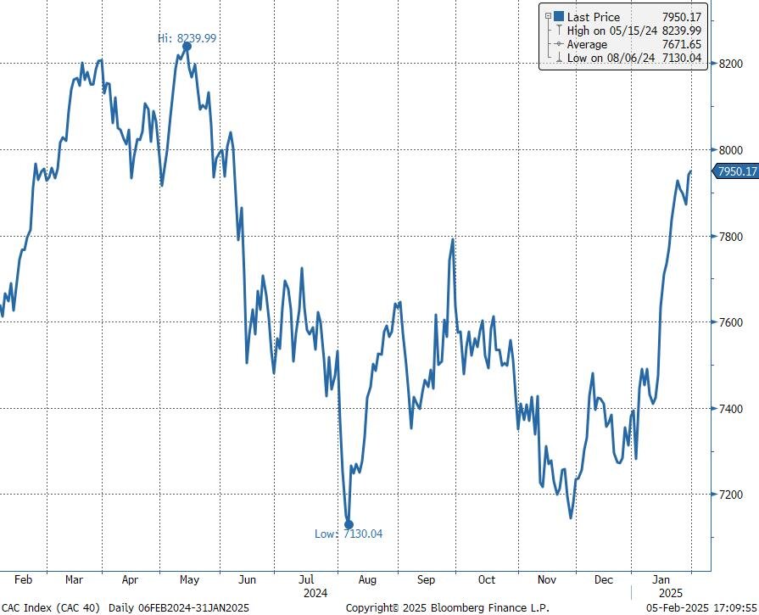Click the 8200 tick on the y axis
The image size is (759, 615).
click(x=732, y=64)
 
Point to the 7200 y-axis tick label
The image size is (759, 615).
click(x=732, y=495)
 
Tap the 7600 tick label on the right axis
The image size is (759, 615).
click(x=732, y=322)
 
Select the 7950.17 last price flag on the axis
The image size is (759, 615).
click(x=735, y=171)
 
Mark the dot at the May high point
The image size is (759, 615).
click(x=187, y=47)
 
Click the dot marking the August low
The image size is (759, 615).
click(x=349, y=525)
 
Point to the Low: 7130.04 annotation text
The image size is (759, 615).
click(x=349, y=534)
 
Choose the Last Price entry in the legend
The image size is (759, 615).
click(x=594, y=17)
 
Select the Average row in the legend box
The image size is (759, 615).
click(x=587, y=44)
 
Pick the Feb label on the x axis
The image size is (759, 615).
click(x=24, y=580)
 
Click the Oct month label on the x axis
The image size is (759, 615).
click(x=486, y=580)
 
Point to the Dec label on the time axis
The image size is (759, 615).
click(x=604, y=580)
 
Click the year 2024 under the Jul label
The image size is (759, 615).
click(x=315, y=592)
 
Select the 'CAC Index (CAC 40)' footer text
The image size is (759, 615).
click(x=51, y=607)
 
